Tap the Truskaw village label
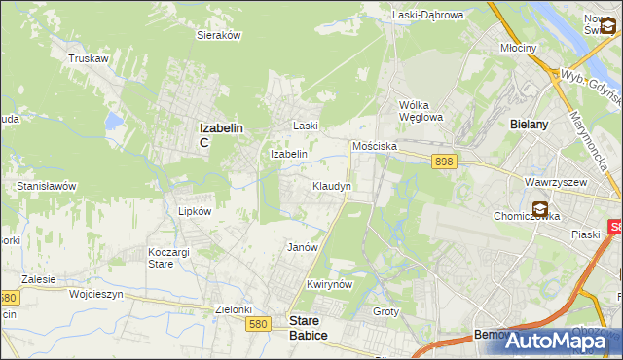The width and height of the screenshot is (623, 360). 87,58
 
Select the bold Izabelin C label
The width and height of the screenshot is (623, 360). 220,133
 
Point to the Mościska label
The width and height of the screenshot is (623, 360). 374,145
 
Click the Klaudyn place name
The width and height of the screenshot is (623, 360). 331,185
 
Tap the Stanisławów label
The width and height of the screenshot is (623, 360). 47,185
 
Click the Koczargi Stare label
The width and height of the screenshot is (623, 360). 161,258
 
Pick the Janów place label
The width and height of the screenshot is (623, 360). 303,247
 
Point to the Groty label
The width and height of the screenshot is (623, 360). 386,311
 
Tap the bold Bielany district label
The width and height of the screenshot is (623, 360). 531,125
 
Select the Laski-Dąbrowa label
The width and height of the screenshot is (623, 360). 427,15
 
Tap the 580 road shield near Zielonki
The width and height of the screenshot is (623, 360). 259,325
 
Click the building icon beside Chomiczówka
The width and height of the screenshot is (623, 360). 540,208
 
